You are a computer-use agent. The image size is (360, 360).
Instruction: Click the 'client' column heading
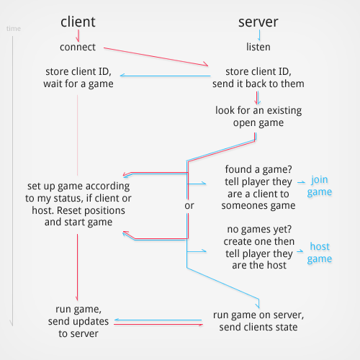[77, 22]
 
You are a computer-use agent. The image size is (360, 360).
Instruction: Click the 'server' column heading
[258, 22]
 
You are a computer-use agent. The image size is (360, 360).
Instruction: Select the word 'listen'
[258, 48]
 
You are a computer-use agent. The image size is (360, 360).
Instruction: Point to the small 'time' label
[13, 29]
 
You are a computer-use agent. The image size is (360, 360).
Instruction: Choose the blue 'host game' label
[320, 253]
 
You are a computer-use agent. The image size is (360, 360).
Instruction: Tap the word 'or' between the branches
[189, 205]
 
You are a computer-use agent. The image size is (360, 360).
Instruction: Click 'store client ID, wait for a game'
[78, 77]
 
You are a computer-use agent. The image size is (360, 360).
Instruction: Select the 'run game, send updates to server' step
[78, 320]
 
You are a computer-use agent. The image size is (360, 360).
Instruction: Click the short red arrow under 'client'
[77, 35]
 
